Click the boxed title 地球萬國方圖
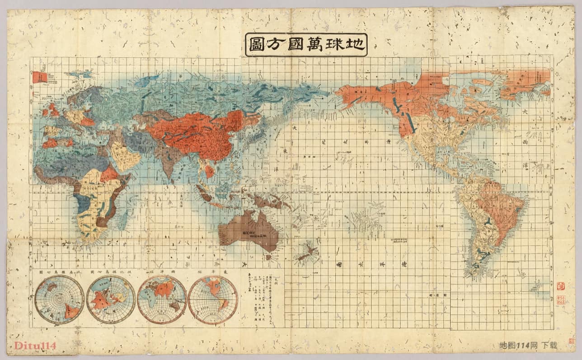(x=306, y=45)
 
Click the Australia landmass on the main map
(x=249, y=230)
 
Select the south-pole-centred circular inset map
(x=60, y=299)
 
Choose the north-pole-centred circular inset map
(x=111, y=299)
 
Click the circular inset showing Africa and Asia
(x=162, y=299)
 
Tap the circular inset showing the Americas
(x=213, y=299)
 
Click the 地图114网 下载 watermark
(x=528, y=346)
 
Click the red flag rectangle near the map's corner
(x=39, y=77)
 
